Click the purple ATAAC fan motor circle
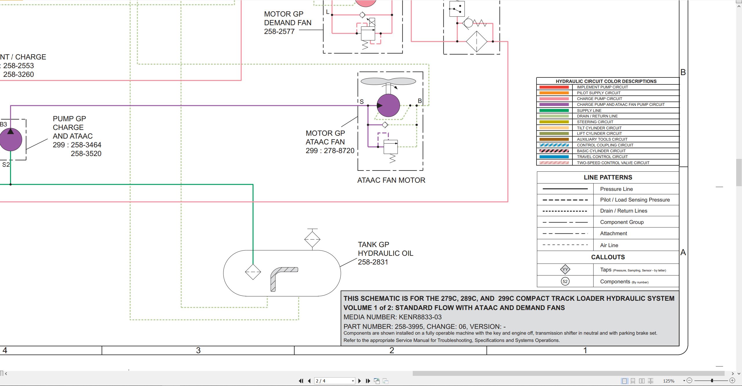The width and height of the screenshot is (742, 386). click(x=388, y=106)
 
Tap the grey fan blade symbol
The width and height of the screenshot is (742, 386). click(x=388, y=81)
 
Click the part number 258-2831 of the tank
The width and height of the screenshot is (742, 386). click(x=373, y=262)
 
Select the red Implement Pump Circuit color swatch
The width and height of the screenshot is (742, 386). click(x=554, y=87)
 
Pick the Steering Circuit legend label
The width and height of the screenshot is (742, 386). click(x=595, y=122)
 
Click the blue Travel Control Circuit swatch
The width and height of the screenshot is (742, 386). click(x=554, y=157)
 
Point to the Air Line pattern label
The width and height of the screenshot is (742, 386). click(x=609, y=245)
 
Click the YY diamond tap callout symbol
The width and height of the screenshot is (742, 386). click(x=565, y=269)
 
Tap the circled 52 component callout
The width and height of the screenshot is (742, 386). click(x=565, y=281)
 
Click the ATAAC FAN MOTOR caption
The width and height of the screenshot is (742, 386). click(x=391, y=180)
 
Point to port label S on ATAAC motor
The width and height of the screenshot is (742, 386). click(x=362, y=102)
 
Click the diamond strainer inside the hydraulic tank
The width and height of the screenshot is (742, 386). click(x=253, y=272)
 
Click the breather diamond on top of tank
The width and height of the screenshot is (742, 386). click(x=312, y=239)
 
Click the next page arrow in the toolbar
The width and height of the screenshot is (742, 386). click(x=359, y=381)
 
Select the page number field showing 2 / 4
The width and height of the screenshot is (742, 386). click(x=334, y=381)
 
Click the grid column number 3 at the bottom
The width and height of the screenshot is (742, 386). click(x=198, y=351)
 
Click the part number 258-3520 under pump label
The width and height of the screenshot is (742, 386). click(x=86, y=154)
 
